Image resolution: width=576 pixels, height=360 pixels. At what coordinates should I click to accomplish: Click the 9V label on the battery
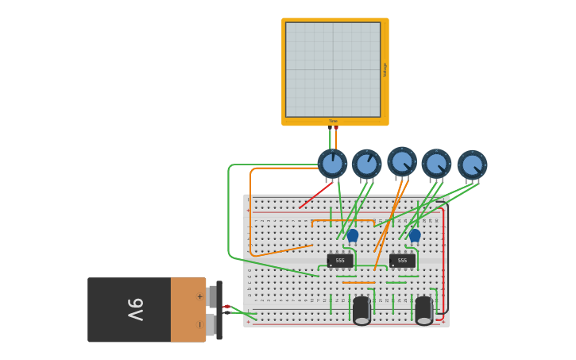coord(136,309)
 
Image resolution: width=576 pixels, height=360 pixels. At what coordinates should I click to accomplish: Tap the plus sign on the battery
coord(199,296)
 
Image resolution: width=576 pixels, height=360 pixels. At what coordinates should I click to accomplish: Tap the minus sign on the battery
coord(199,324)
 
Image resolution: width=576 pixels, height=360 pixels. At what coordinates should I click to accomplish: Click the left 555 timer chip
coord(340,260)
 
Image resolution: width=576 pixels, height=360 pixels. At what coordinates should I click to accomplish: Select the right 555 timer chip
coord(402,260)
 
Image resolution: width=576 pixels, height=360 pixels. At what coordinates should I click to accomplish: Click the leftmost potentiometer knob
coord(332,164)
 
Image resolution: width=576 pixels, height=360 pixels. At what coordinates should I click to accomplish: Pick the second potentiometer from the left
coord(366,165)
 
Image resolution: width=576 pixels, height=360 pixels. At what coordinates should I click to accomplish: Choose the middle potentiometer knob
coord(402,161)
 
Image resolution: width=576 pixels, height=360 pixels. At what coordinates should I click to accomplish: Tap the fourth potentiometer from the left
coord(436,164)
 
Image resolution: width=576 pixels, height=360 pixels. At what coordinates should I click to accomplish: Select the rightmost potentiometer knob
coord(472,165)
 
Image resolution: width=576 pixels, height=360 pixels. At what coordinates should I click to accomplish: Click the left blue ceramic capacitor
coord(353,235)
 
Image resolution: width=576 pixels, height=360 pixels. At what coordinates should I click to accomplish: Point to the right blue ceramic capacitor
coord(415,235)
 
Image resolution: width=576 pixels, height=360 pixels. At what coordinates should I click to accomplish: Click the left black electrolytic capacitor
coord(361,309)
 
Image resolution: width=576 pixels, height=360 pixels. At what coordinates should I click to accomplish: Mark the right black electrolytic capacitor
coord(423,309)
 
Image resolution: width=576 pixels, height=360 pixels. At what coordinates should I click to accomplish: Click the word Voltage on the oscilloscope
coord(385,70)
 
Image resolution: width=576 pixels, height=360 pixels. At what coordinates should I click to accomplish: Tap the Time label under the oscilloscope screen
coord(333,122)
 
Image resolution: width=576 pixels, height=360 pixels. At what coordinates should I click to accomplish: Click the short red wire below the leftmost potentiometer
coord(316,195)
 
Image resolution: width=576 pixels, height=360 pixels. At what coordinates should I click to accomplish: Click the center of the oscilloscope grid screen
coord(333,69)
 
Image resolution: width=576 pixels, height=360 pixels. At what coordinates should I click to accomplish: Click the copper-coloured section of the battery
coord(188,310)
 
